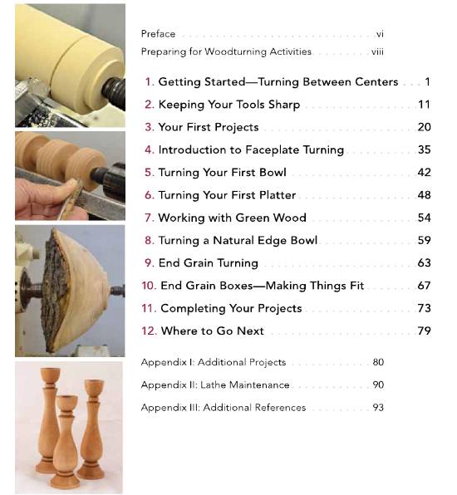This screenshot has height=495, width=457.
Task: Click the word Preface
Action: click(158, 34)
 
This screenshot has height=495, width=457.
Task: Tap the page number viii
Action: click(377, 51)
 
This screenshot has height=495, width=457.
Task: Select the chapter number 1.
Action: click(150, 82)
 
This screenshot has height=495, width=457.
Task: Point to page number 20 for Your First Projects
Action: click(424, 127)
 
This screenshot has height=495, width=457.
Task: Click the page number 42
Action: click(424, 173)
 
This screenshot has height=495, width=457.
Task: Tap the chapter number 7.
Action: click(150, 218)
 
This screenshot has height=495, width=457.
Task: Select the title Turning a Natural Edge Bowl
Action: click(238, 240)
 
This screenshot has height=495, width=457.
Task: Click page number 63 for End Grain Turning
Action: click(424, 262)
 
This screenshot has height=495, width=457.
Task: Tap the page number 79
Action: click(424, 331)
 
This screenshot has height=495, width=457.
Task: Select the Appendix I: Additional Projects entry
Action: click(213, 363)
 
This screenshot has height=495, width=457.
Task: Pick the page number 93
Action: click(377, 408)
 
